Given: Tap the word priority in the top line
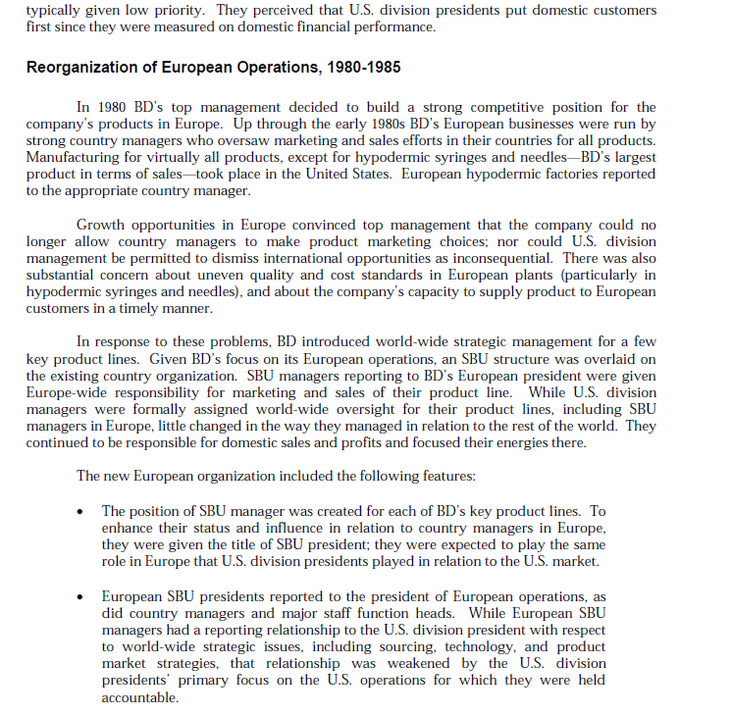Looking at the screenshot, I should pos(180,10).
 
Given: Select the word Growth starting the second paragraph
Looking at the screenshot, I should pos(100,226).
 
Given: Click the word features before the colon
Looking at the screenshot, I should pos(443,477).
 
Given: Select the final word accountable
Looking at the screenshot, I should pos(140,697).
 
